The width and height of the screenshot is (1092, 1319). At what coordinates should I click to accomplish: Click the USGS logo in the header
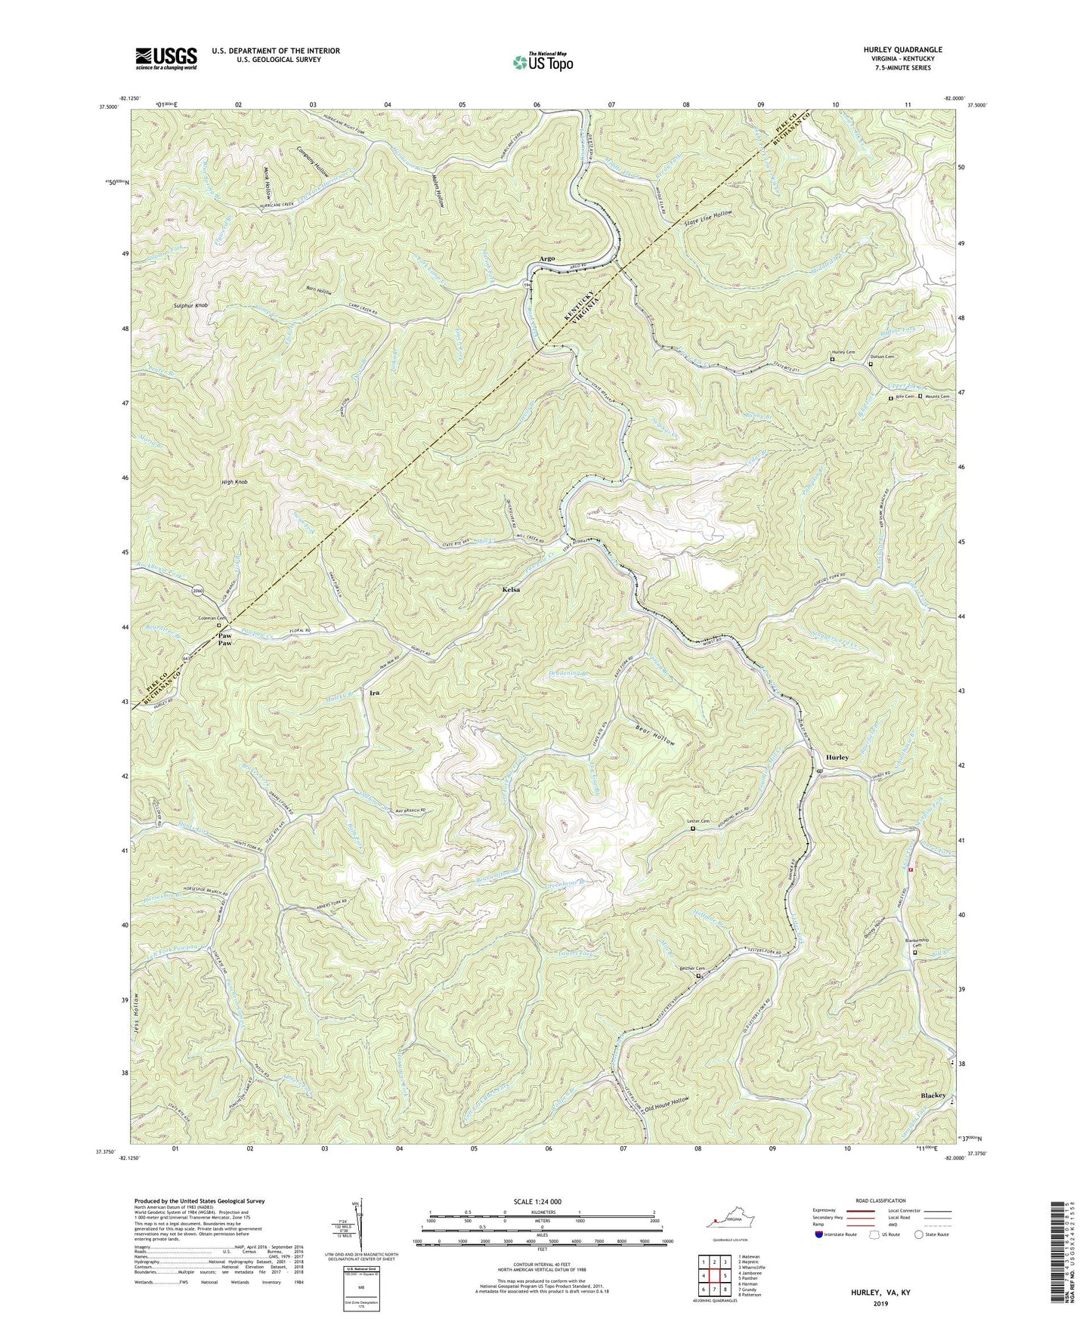click(166, 57)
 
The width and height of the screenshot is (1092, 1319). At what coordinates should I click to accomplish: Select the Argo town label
click(547, 258)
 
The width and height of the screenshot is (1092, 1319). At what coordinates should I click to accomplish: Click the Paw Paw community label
click(224, 639)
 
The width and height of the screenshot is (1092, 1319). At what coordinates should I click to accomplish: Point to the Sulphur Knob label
click(190, 305)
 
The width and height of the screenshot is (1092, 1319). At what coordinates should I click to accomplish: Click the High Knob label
click(234, 481)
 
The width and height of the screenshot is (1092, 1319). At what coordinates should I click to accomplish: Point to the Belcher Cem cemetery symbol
click(698, 976)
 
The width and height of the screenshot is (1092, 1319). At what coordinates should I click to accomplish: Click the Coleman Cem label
click(214, 618)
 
